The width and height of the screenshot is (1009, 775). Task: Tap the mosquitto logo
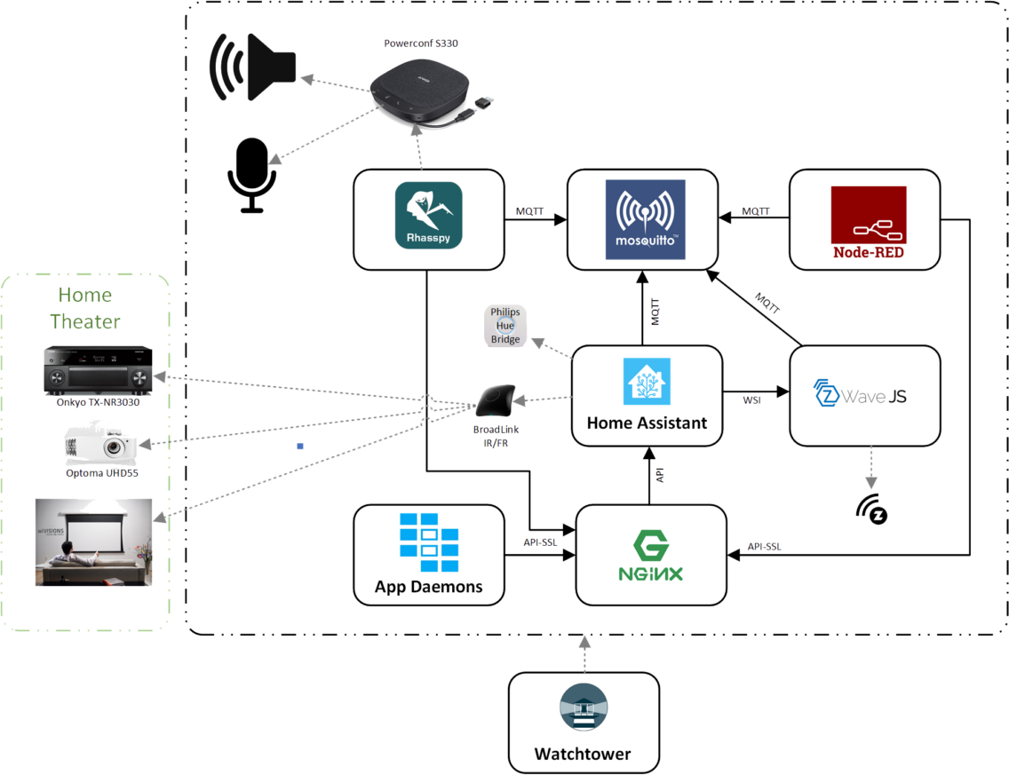tap(645, 219)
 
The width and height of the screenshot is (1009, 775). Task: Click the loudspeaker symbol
tap(253, 67)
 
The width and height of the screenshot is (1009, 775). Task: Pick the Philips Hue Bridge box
tap(506, 326)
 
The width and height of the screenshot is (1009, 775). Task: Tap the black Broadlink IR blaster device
tap(497, 400)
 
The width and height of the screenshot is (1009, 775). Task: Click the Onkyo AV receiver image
tap(97, 372)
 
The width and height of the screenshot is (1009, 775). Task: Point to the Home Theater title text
tap(85, 308)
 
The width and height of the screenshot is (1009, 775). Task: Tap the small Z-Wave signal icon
tap(872, 509)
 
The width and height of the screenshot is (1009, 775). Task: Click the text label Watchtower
tap(583, 754)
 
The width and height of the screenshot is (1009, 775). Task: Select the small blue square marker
tap(300, 446)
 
